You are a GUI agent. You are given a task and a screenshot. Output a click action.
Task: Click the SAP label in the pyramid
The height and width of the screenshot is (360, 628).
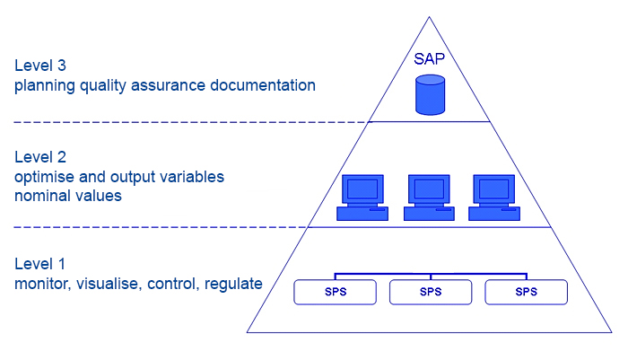pos(429,59)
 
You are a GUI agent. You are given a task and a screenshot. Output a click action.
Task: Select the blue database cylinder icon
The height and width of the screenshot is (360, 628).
pos(430,95)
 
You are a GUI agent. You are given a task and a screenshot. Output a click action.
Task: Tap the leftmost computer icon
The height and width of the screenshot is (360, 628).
pos(362,198)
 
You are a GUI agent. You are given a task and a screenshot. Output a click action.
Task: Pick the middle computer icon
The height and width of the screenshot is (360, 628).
pos(429,198)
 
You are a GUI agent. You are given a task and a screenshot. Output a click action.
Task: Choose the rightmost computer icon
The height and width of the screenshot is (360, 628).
pos(494,198)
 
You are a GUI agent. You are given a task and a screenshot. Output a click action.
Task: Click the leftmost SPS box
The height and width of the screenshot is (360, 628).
pos(336,292)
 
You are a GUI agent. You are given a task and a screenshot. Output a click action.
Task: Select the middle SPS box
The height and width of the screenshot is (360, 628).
pos(431,292)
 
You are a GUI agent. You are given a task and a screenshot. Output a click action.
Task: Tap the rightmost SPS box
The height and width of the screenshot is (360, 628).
pos(527,292)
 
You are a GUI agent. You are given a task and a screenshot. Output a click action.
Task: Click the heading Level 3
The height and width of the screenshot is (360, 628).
pos(40,66)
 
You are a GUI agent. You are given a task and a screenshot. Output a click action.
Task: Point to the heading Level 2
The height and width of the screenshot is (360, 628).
pos(40,157)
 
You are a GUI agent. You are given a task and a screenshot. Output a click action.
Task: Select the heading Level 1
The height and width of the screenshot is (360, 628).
pos(39,264)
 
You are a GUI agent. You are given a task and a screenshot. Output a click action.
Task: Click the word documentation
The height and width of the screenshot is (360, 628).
pos(263,85)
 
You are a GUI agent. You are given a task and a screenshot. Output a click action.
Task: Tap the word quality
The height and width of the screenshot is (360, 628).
pos(103,86)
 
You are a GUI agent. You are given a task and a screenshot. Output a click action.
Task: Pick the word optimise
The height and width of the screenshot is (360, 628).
pos(45,177)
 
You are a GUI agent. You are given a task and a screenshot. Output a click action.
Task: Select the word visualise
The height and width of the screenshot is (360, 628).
pos(108,284)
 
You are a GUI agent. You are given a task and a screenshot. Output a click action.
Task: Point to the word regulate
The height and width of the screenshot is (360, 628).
pos(233,285)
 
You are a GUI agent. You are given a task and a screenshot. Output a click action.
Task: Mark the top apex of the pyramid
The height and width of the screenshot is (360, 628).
pos(430,17)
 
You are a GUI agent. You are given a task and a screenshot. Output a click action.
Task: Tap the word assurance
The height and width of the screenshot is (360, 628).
pos(169,86)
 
